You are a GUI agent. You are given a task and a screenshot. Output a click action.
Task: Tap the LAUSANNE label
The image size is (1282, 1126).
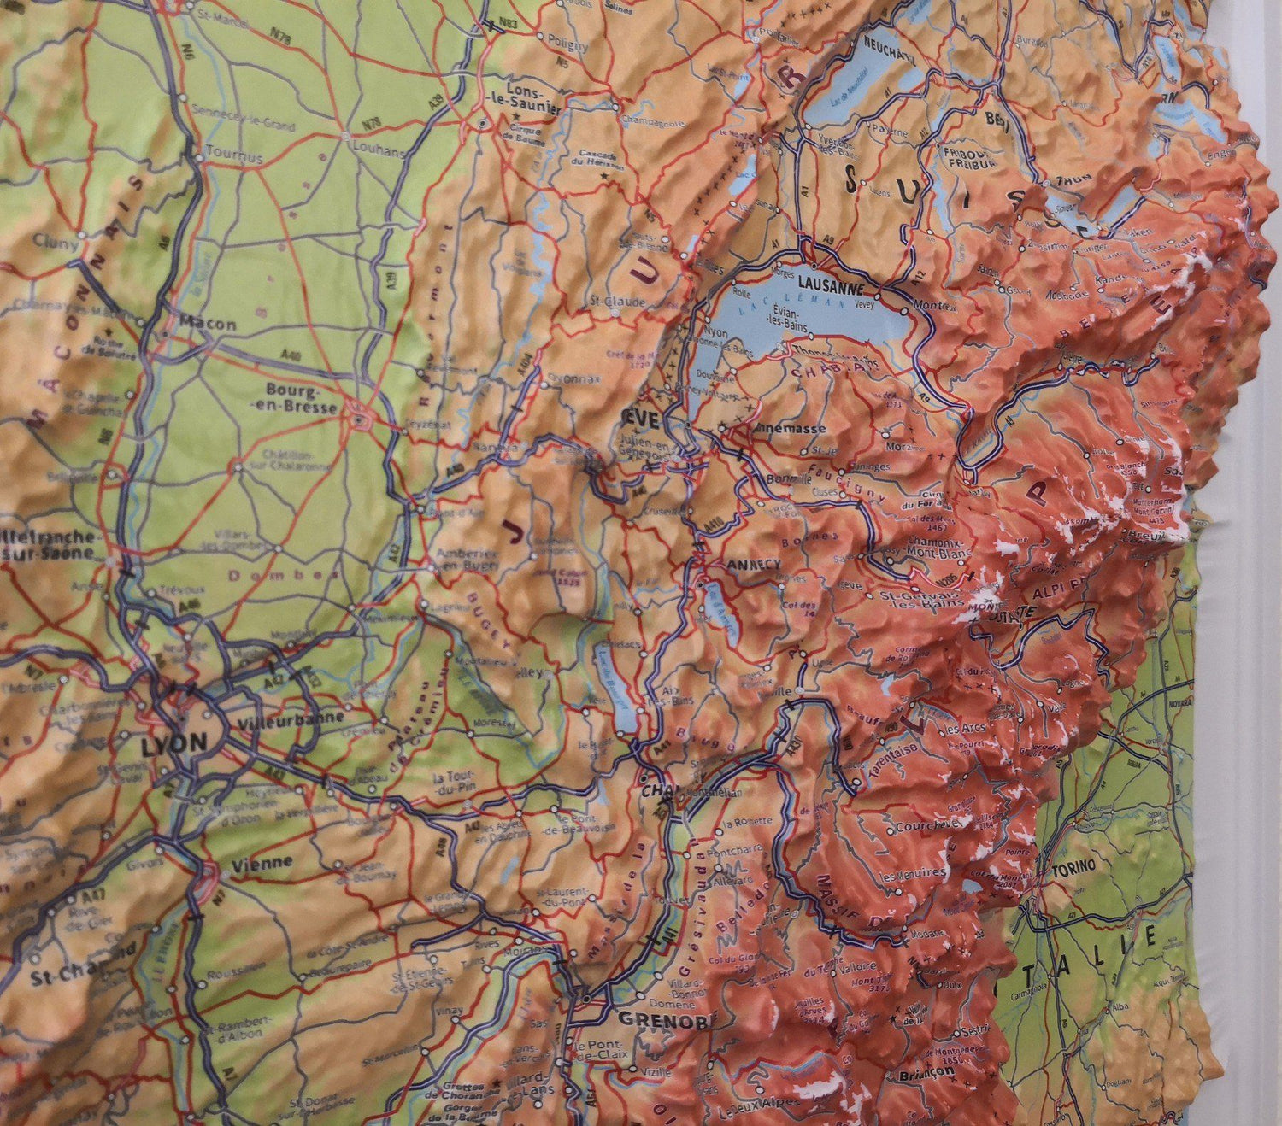[x=830, y=288]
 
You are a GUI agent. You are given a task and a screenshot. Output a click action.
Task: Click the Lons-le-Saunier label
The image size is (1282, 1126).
[x=533, y=98]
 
